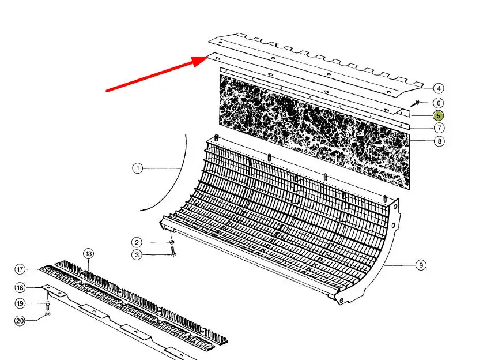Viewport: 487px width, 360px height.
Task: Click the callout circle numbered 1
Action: [137, 168]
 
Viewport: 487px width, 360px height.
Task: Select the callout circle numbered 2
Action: [137, 242]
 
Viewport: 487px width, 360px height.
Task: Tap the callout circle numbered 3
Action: [137, 255]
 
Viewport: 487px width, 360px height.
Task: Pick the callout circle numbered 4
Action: [439, 89]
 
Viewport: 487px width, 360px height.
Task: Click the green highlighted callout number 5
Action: [438, 116]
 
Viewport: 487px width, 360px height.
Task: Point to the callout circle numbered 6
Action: [439, 103]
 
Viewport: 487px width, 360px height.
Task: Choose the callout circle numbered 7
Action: [439, 127]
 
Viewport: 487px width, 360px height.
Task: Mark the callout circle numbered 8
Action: [439, 141]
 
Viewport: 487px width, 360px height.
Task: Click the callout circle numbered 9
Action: [421, 265]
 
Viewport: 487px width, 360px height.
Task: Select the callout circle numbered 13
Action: [89, 254]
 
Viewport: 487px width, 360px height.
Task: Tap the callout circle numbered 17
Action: [20, 269]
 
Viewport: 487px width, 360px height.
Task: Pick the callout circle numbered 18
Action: [20, 287]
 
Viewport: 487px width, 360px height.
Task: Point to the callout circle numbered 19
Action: [20, 303]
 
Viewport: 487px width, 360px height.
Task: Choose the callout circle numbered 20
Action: [20, 321]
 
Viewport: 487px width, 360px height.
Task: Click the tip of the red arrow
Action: [207, 57]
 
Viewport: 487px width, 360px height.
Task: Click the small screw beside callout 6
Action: [416, 103]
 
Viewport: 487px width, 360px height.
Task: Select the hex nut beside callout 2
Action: [171, 242]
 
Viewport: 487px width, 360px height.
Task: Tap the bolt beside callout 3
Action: [173, 251]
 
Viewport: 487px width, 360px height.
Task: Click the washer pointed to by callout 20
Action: [47, 314]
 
